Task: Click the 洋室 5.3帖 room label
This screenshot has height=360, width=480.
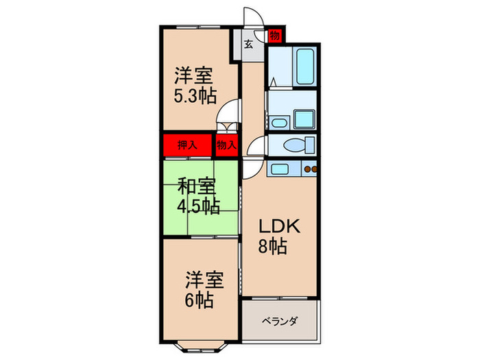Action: (x=199, y=84)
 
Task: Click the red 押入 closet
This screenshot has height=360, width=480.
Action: (x=186, y=145)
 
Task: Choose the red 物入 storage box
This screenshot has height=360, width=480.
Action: (x=226, y=145)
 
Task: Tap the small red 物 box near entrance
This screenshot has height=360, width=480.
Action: (x=274, y=34)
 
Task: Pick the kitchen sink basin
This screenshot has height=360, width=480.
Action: (x=280, y=168)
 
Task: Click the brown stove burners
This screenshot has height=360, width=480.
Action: (x=310, y=169)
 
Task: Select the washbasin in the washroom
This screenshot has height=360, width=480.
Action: (x=278, y=123)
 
